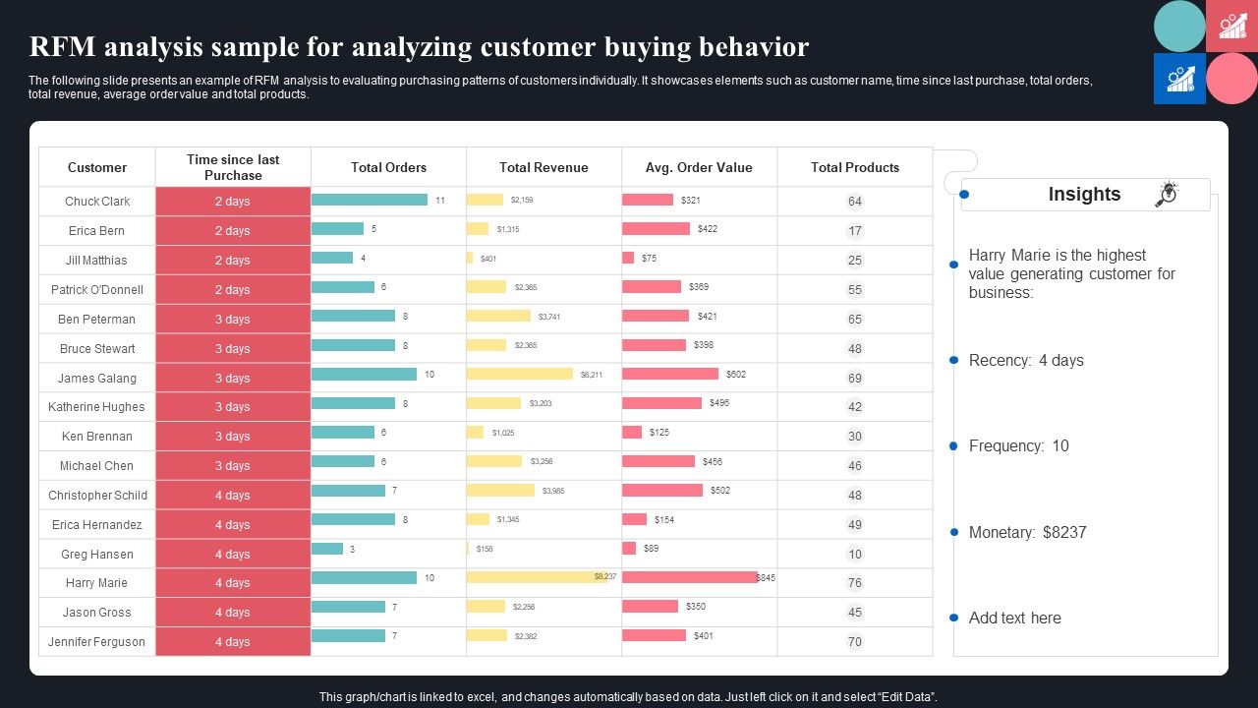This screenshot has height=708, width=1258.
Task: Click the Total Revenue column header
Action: click(543, 167)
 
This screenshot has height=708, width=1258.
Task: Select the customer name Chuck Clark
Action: click(97, 202)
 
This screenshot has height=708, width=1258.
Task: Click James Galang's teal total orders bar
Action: click(364, 375)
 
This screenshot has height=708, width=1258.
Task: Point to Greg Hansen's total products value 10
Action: click(855, 555)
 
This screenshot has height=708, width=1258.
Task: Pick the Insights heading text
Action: click(1084, 195)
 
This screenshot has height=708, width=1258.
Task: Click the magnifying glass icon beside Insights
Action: click(1167, 194)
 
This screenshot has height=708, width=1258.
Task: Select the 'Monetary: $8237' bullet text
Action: click(1027, 532)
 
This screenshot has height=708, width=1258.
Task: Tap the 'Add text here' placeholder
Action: click(1014, 619)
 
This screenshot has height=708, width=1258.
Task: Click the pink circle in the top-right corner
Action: click(1231, 79)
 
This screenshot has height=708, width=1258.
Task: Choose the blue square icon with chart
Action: click(1179, 79)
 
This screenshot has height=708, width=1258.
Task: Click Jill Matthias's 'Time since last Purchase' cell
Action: click(233, 261)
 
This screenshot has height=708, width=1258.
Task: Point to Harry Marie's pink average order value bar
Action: click(689, 577)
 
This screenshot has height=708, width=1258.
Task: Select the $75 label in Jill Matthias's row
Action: click(649, 259)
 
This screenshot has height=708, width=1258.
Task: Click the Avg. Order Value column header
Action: click(699, 167)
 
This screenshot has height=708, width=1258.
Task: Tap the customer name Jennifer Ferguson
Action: click(97, 642)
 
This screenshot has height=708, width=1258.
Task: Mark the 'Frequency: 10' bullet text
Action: click(1018, 446)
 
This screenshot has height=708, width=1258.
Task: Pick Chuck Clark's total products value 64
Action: click(855, 202)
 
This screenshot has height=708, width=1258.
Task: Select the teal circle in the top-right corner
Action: click(1179, 27)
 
